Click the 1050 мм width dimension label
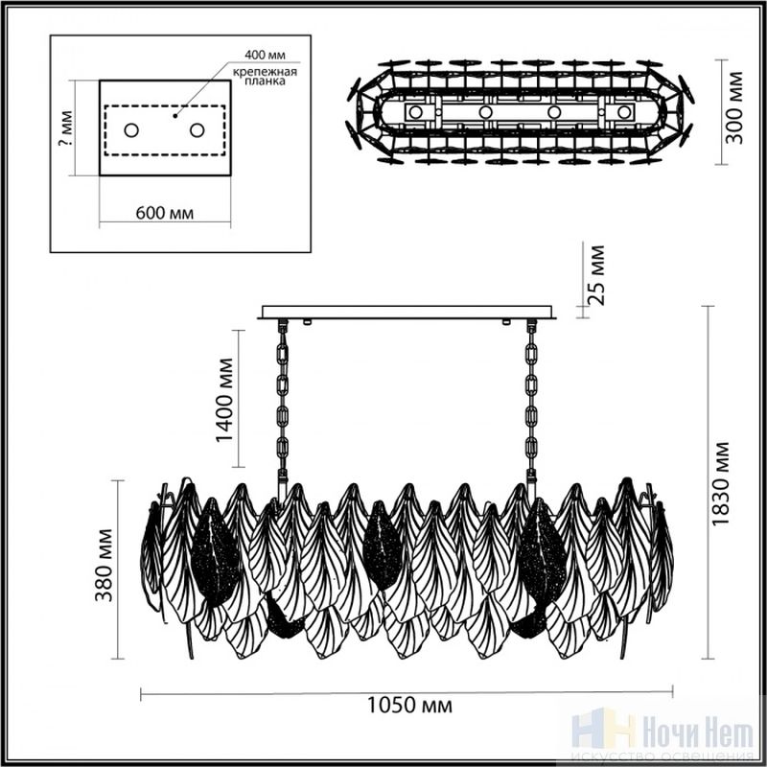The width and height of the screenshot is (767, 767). (409, 705)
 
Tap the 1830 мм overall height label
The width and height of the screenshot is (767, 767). (720, 483)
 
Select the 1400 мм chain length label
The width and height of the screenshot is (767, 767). (225, 400)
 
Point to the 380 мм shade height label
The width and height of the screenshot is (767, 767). (105, 565)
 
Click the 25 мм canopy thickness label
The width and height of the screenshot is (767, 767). (595, 275)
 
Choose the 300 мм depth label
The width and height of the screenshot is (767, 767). (733, 108)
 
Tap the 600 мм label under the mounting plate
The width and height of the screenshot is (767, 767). (164, 213)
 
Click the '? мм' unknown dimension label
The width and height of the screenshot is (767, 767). (65, 128)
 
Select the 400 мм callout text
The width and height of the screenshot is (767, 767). (265, 55)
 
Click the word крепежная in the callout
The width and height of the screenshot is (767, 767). (265, 72)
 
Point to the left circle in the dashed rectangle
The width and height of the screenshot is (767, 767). (131, 130)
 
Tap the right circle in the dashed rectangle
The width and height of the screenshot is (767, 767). (198, 130)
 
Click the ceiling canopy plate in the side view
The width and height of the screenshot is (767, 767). (407, 313)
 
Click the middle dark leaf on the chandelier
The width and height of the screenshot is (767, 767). (383, 546)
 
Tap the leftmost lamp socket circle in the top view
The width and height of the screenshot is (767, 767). (415, 112)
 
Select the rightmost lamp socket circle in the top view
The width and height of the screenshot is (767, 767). (623, 112)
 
